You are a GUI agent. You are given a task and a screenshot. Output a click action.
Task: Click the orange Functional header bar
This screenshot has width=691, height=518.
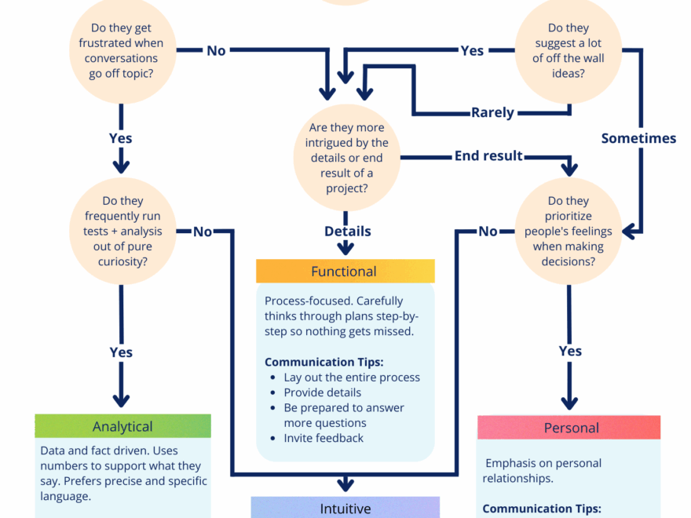coord(345,272)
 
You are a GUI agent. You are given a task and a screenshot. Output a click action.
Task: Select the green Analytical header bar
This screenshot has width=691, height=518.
coord(122,426)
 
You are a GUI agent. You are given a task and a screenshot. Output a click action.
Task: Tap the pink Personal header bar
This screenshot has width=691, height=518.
coord(569,428)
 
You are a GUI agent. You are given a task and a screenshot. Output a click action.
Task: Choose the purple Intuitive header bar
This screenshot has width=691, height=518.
coord(345,508)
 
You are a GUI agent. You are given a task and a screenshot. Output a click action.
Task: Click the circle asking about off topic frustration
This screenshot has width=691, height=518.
coord(121,50)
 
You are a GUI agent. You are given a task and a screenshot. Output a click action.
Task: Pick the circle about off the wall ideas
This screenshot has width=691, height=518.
coord(568,50)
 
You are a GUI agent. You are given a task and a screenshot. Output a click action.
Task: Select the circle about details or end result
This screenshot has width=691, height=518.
coord(345,159)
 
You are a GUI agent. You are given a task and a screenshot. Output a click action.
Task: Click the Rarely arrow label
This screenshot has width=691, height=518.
coord(492,112)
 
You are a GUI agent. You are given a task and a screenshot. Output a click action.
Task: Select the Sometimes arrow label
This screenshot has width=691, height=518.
coord(638,138)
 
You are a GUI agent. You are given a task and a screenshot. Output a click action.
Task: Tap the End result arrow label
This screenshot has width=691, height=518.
coord(488,155)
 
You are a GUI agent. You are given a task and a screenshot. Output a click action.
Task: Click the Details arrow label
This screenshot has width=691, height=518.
coord(347,231)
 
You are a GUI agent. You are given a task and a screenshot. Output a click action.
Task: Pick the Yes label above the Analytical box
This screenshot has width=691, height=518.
coord(121,352)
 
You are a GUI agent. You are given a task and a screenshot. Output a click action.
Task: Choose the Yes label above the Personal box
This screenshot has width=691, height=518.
coord(570,351)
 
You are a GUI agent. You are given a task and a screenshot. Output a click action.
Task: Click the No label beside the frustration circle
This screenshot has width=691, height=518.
coord(216,50)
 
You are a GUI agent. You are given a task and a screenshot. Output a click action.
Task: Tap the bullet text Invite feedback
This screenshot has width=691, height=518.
coord(324,438)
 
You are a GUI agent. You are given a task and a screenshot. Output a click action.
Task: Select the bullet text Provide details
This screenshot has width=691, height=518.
coord(323,392)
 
